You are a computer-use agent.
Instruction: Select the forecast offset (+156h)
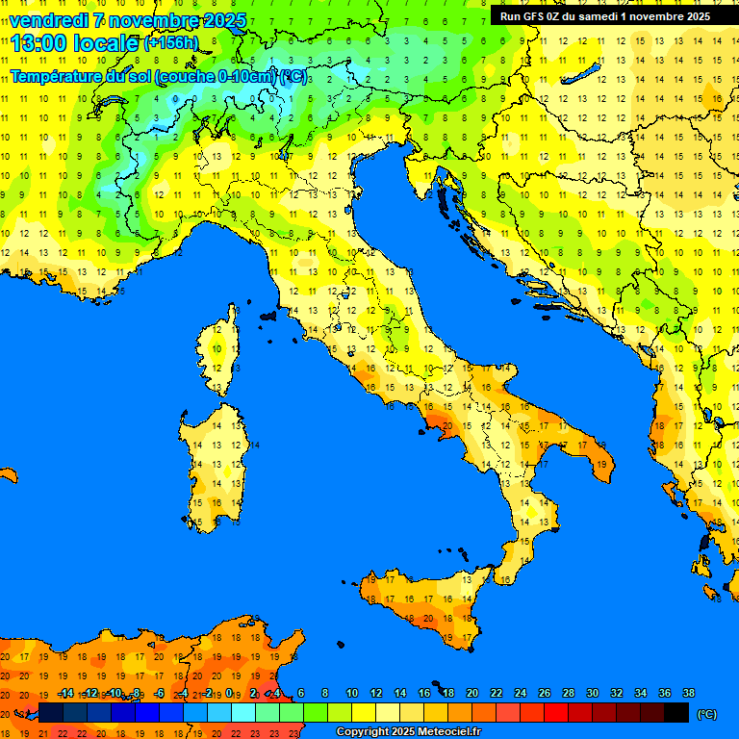click(171, 43)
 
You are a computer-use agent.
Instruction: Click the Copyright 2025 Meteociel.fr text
click(408, 732)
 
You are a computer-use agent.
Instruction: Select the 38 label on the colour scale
click(688, 694)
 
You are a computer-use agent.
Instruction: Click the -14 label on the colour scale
click(65, 694)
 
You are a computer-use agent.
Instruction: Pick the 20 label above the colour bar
click(472, 694)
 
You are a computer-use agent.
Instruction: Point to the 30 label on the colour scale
click(593, 694)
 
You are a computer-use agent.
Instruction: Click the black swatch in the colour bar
click(676, 712)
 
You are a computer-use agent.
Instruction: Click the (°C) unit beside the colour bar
click(706, 713)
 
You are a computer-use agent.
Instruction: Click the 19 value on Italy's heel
click(602, 465)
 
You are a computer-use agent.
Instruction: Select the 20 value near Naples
click(446, 425)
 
